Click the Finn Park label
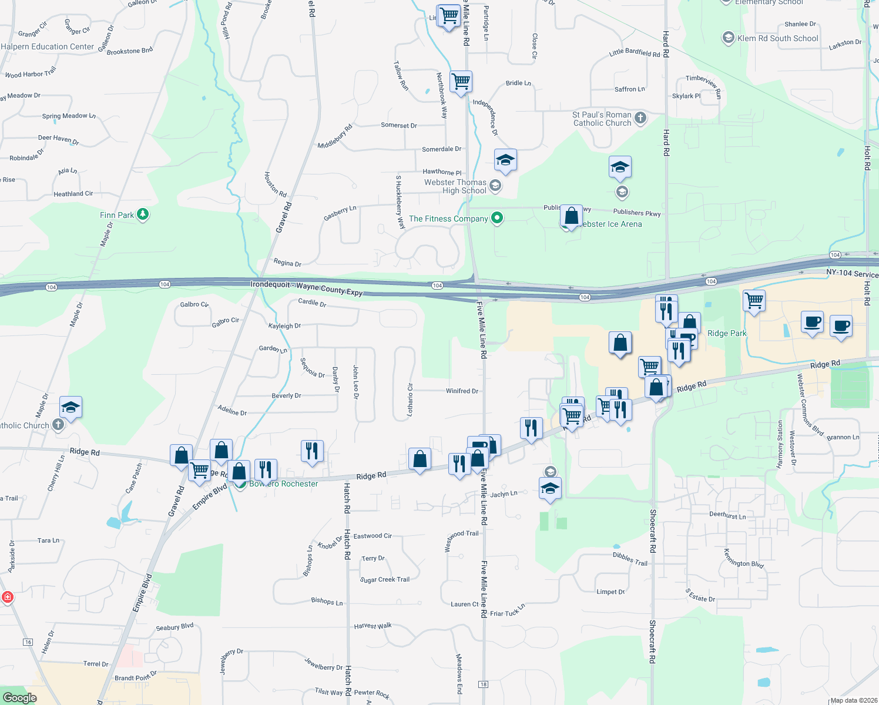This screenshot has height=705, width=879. coord(117,215)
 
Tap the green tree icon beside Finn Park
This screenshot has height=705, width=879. coord(143,214)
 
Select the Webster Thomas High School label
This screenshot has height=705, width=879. coord(456,186)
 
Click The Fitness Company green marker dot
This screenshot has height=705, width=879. coord(497,219)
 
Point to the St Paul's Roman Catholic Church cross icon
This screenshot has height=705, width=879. coord(640,118)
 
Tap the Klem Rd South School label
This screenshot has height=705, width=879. coord(777,38)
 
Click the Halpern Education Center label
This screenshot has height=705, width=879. coord(48,46)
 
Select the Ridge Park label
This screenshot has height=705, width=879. coord(727,333)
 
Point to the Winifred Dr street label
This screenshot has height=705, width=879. coord(462,391)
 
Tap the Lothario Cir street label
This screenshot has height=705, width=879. coord(411,400)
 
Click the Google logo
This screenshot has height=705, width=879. coord(19,697)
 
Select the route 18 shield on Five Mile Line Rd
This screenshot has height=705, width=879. coord(484,684)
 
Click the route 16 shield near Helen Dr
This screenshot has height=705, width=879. coord(28,642)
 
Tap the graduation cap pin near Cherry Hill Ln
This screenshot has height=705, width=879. coord(71,407)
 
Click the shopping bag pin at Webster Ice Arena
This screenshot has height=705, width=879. coord(571,216)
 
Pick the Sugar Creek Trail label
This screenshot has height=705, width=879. coord(385,579)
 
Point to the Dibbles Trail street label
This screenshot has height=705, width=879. coord(630,559)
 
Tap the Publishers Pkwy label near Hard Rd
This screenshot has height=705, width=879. coord(637,212)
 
